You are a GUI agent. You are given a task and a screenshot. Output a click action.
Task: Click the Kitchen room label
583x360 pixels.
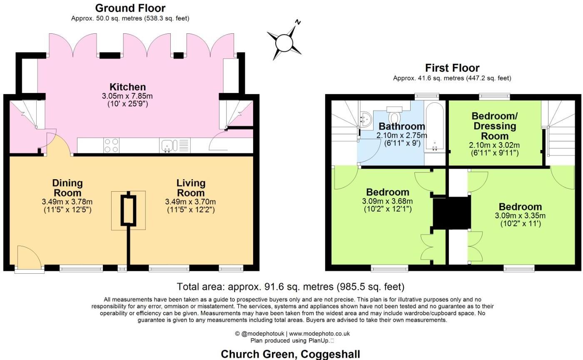tap(127, 87)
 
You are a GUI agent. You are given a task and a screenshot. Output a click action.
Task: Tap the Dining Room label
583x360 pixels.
tap(67, 188)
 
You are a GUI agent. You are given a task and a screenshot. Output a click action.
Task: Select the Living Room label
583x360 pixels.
tap(191, 188)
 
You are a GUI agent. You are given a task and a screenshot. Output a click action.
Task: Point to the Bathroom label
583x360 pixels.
tap(402, 126)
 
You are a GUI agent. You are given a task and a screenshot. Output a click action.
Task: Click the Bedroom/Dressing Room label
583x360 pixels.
tap(495, 126)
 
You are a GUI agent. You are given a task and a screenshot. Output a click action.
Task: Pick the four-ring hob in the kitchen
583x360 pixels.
tap(111, 145)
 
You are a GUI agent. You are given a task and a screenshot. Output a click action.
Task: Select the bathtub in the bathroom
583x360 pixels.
tap(435, 127)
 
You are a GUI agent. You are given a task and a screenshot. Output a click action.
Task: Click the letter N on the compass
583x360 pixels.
tap(298, 22)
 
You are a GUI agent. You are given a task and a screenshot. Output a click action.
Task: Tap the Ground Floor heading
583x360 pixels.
tap(130, 8)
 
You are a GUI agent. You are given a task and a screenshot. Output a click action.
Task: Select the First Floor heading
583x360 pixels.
tap(452, 68)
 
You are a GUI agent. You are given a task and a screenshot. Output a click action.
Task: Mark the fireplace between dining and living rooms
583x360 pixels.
tap(128, 210)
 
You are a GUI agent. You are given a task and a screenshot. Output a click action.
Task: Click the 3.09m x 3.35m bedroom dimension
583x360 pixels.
tap(520, 216)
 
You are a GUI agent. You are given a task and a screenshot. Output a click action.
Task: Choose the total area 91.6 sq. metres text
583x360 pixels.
tap(291, 287)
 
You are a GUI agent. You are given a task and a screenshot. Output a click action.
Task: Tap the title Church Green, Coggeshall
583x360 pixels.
tap(291, 354)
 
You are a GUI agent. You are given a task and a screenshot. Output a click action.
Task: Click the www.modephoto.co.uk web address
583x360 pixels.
tap(319, 334)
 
